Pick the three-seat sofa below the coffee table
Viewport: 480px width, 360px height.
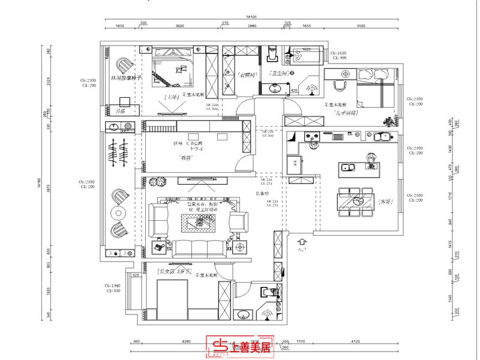pyautogui.click(x=197, y=250)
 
